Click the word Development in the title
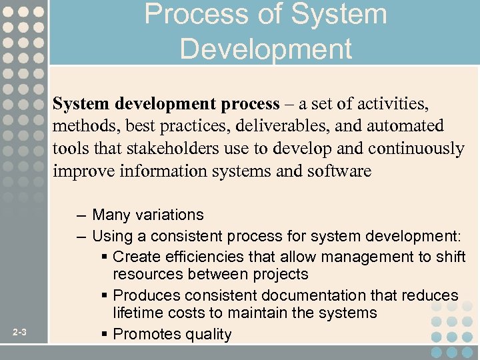265,49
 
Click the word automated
404,126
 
